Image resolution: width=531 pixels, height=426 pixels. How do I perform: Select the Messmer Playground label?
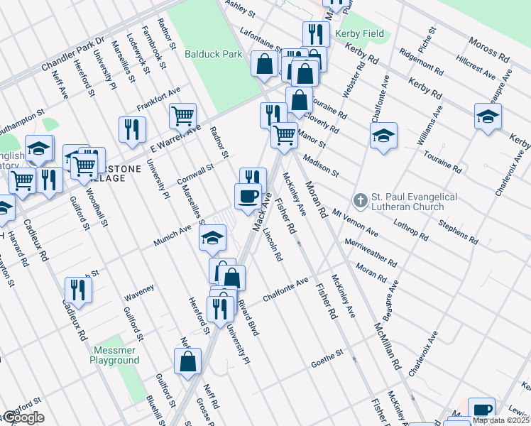[114, 355]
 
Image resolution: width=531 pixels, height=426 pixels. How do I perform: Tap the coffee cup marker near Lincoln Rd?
[248, 196]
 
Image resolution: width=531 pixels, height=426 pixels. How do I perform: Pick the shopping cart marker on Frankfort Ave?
[183, 116]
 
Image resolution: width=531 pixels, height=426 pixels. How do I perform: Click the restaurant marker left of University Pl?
[132, 129]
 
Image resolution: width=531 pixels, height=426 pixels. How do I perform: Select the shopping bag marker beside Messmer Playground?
[187, 361]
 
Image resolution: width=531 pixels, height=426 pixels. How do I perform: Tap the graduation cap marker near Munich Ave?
[211, 240]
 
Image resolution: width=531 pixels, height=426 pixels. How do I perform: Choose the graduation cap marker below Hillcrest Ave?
[488, 116]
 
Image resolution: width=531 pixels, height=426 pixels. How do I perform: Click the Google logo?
[23, 417]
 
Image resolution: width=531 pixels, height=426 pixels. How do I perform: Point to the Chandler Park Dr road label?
[73, 53]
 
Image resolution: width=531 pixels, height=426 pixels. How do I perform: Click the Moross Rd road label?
[490, 49]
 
